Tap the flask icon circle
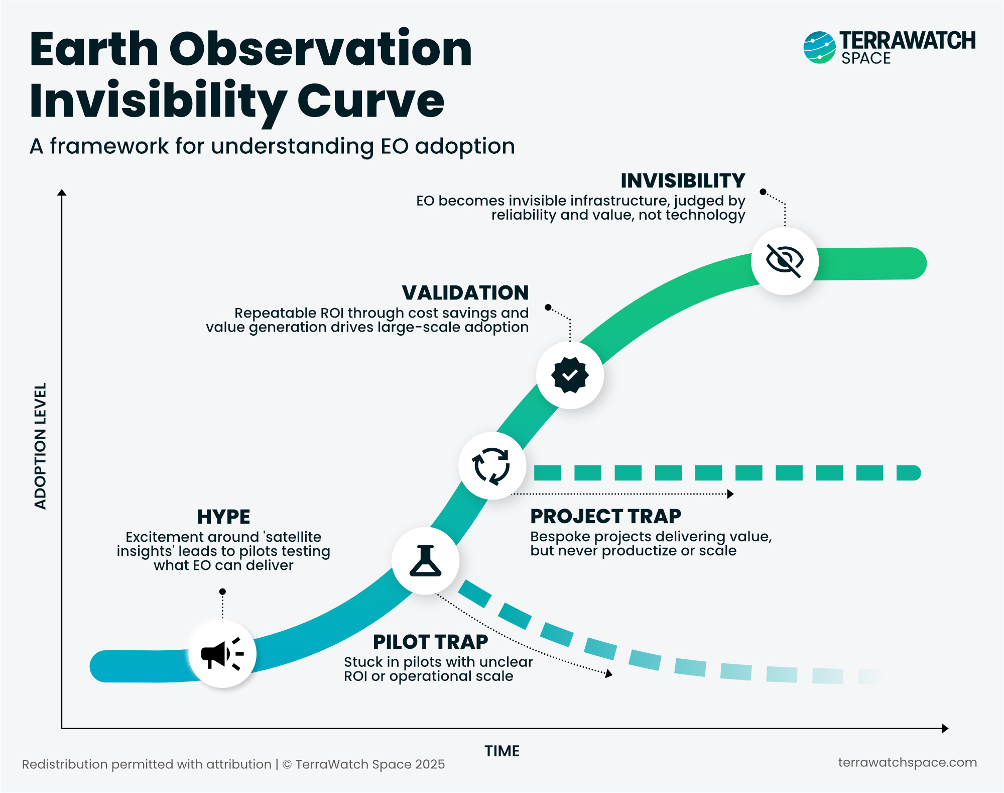pos(425,560)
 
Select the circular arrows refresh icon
pos(492,466)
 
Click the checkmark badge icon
pos(570,375)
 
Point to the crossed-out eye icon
pos(785,261)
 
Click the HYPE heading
pos(223,517)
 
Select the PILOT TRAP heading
pos(430,642)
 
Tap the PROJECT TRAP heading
pos(605,516)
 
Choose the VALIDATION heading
pos(465,292)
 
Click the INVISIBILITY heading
pos(683,180)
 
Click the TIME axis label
pos(502,751)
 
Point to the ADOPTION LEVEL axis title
pos(40,446)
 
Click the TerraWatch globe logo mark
pos(819,48)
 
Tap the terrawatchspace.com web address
pos(907,762)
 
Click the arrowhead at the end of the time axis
pos(945,728)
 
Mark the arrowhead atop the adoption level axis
pos(62,193)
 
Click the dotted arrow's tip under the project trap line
pos(731,494)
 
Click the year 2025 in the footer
pos(430,764)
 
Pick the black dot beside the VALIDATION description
pos(548,307)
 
